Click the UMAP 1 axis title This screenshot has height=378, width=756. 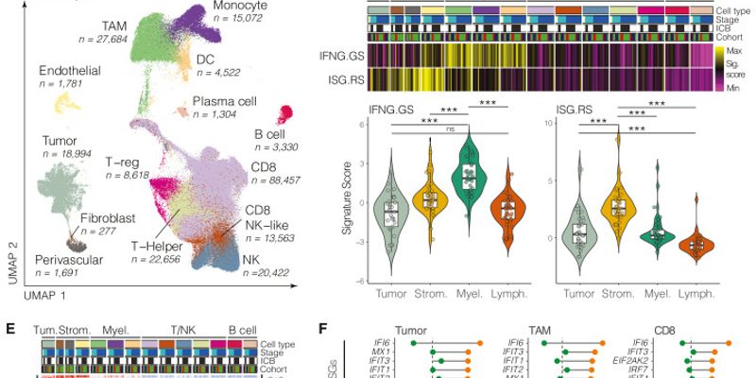[x=47, y=296]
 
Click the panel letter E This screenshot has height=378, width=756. [x=9, y=329]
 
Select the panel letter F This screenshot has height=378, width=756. [x=324, y=329]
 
